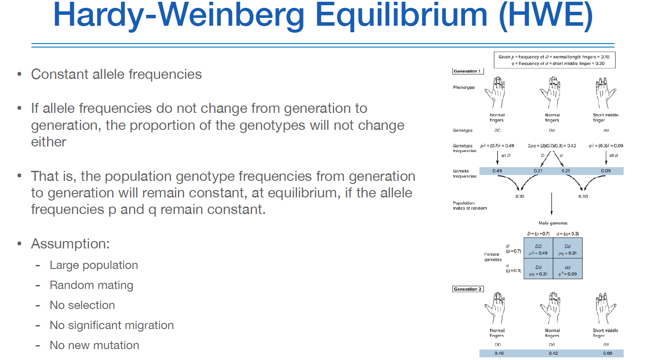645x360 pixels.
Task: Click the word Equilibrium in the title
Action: click(x=401, y=15)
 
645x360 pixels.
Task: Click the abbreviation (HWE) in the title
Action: click(x=546, y=15)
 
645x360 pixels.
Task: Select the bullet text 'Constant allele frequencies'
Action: click(x=116, y=75)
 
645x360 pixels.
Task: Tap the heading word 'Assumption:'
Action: click(x=70, y=244)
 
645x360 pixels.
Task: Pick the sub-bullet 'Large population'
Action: click(x=94, y=265)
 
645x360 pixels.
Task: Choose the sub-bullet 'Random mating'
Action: click(x=92, y=285)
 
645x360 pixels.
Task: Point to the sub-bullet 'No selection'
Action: click(x=82, y=305)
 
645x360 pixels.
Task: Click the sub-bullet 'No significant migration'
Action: click(x=112, y=325)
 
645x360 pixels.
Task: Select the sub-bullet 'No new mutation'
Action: click(x=95, y=345)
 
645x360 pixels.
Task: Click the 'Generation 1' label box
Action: click(x=468, y=71)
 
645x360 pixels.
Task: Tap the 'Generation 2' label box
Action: click(x=468, y=289)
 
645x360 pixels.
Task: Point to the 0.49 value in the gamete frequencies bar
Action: click(x=497, y=171)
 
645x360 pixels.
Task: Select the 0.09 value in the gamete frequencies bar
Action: click(x=606, y=171)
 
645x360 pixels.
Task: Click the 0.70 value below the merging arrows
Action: click(x=520, y=197)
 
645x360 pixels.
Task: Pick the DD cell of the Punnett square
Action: click(x=538, y=249)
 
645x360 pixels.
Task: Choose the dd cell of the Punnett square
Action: click(x=567, y=271)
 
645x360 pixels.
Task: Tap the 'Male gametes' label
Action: click(x=553, y=223)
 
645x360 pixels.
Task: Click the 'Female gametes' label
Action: click(x=493, y=257)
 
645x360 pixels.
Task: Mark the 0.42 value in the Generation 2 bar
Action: click(x=553, y=353)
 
